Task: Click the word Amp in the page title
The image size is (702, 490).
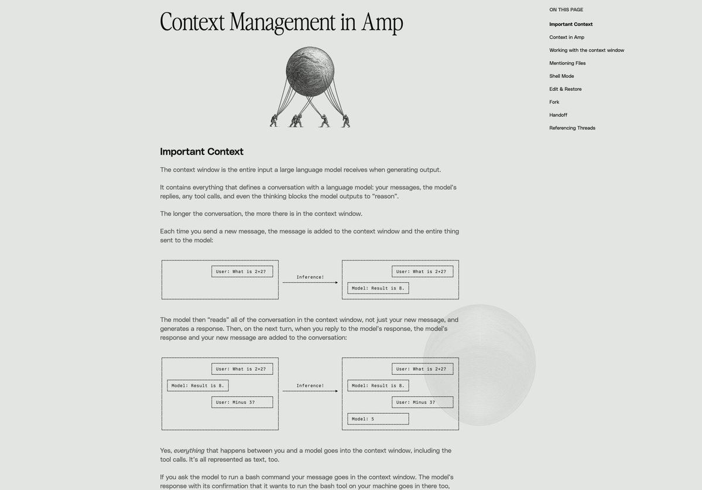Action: coord(382,22)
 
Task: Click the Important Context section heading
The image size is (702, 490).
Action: coord(201,151)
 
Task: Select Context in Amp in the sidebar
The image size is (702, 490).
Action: coord(566,37)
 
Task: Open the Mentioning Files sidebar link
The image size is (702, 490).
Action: coord(567,63)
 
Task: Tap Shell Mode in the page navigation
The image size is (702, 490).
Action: coord(561,76)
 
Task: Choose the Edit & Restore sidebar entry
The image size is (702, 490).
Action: coord(565,89)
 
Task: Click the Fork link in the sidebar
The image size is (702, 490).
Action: coord(554,102)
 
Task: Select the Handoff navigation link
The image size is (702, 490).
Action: coord(558,115)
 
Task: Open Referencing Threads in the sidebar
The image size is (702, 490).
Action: coord(571,128)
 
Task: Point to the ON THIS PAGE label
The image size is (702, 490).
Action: coord(566,9)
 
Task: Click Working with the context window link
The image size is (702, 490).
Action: coord(586,50)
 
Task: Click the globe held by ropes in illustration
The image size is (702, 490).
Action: coord(310,72)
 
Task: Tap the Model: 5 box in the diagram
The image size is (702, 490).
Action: coord(378,419)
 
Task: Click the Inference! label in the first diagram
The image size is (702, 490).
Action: coord(310,277)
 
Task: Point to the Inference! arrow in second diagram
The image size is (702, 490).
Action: coord(310,391)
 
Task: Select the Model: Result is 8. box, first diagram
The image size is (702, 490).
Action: coord(378,288)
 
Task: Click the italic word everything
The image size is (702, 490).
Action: coord(189,451)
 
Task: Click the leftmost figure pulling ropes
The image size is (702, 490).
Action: coord(273,120)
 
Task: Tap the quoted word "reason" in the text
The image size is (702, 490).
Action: coord(385,196)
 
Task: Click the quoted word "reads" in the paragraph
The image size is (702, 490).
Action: coord(218,320)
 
